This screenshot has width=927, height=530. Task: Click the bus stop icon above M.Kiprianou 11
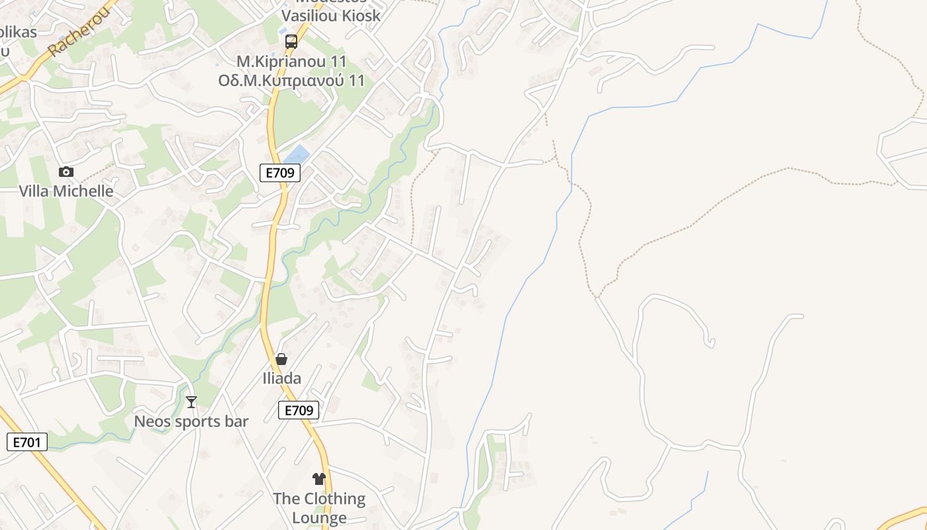coord(291,42)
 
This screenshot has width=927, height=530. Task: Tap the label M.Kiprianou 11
coord(291,62)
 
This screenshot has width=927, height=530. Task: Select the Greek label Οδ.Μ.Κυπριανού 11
coord(291,81)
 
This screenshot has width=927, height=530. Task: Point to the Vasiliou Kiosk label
coord(331,15)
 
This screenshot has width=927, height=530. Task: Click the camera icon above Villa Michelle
coord(66,172)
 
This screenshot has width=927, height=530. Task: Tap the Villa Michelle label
coord(66,191)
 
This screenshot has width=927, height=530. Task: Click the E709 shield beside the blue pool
coord(280,174)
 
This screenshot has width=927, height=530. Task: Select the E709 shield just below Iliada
coord(298,411)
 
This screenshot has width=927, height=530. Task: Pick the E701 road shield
coord(27,442)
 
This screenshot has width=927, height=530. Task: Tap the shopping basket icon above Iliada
coord(281,359)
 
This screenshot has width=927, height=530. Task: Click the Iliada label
coord(281,378)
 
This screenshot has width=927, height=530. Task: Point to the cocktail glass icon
coord(191,402)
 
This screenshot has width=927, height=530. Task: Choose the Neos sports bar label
coord(191,421)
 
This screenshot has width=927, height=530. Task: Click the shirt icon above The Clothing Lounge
coord(319,478)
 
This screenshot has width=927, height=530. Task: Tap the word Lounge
coord(319,517)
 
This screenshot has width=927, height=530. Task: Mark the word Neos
coord(153,421)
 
